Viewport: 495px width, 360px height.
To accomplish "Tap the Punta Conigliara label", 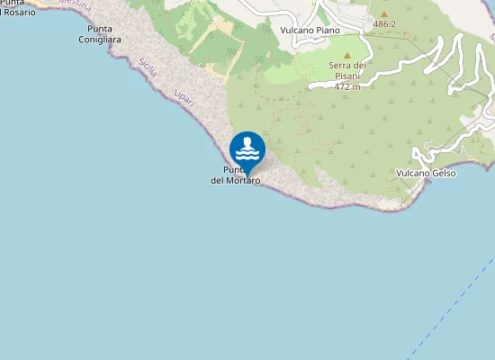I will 101,34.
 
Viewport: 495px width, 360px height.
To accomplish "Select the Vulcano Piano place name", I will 310,30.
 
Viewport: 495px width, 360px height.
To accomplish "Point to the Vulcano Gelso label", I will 426,173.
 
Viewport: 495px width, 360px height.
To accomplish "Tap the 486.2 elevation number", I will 384,24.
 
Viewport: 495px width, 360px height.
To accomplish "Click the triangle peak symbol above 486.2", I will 384,14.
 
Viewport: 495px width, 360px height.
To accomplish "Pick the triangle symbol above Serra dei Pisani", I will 347,55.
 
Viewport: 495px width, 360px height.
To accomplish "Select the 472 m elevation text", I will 347,87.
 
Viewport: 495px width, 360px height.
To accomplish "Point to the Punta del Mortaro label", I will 235,175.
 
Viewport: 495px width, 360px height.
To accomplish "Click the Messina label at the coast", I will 75,4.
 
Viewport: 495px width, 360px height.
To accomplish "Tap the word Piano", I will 327,30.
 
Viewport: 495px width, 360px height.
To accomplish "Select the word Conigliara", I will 101,40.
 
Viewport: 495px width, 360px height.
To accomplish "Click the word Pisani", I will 347,76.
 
